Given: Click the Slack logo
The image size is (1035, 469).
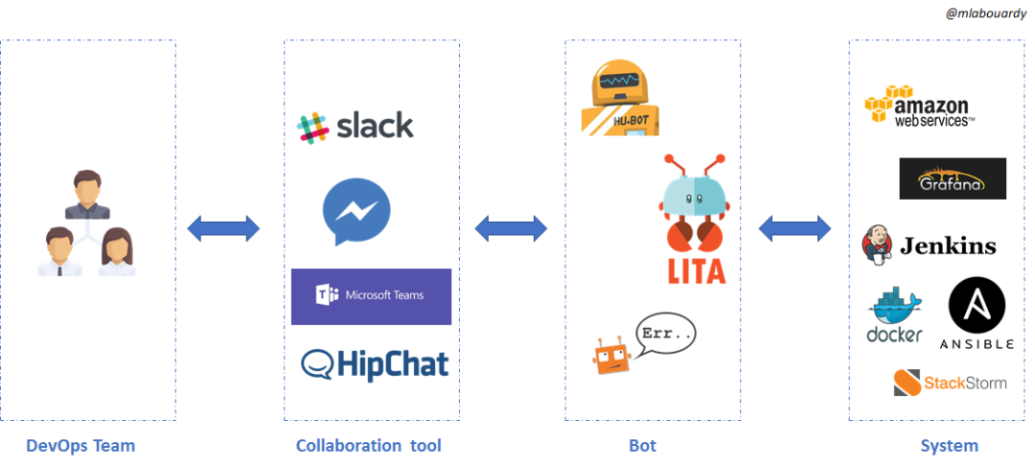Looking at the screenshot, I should coord(356,127).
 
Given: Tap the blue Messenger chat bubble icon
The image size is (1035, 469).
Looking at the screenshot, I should coord(356,211).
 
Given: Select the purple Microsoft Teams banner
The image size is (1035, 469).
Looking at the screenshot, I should coord(371,296).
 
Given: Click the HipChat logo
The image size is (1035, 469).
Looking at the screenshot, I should coord(374,363).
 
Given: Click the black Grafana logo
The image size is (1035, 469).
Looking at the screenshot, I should coord(953,178).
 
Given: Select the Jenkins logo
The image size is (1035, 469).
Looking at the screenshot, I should coord(930,245).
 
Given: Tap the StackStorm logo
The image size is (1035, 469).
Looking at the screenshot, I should coord(950,383).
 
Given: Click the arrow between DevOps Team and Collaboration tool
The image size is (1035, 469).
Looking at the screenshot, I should coord(223,228).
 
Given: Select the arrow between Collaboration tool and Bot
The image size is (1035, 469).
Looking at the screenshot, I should coord(511,228).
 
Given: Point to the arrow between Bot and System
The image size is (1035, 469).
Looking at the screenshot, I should coord(794,228).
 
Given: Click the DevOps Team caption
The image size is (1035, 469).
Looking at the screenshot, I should coord(80,446).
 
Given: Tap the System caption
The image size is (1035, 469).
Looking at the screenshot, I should coord(949,446).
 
